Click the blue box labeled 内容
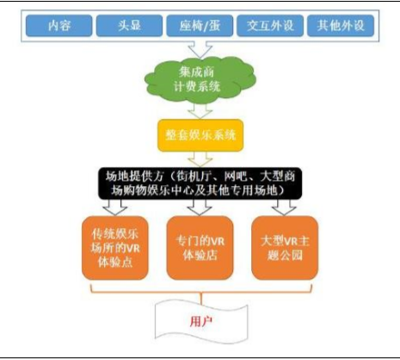pyautogui.click(x=59, y=26)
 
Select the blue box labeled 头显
pyautogui.click(x=129, y=26)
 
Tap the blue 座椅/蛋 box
pyautogui.click(x=200, y=26)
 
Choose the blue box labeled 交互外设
pyautogui.click(x=270, y=26)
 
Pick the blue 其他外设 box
pyautogui.click(x=341, y=26)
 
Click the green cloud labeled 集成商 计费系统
pyautogui.click(x=200, y=80)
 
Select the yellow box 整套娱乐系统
pyautogui.click(x=200, y=135)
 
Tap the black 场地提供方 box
pyautogui.click(x=200, y=183)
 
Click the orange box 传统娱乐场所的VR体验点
pyautogui.click(x=115, y=248)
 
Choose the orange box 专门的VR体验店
pyautogui.click(x=200, y=248)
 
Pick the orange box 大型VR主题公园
pyautogui.click(x=285, y=248)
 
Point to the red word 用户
pyautogui.click(x=201, y=321)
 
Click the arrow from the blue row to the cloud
pyautogui.click(x=200, y=50)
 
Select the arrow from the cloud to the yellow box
pyautogui.click(x=200, y=111)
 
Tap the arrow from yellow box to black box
pyautogui.click(x=200, y=159)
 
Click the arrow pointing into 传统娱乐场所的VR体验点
pyautogui.click(x=115, y=208)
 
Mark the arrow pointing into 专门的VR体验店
pyautogui.click(x=200, y=208)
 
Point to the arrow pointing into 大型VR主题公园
pyautogui.click(x=284, y=208)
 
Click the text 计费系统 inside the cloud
pyautogui.click(x=197, y=86)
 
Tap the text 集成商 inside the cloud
pyautogui.click(x=196, y=71)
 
